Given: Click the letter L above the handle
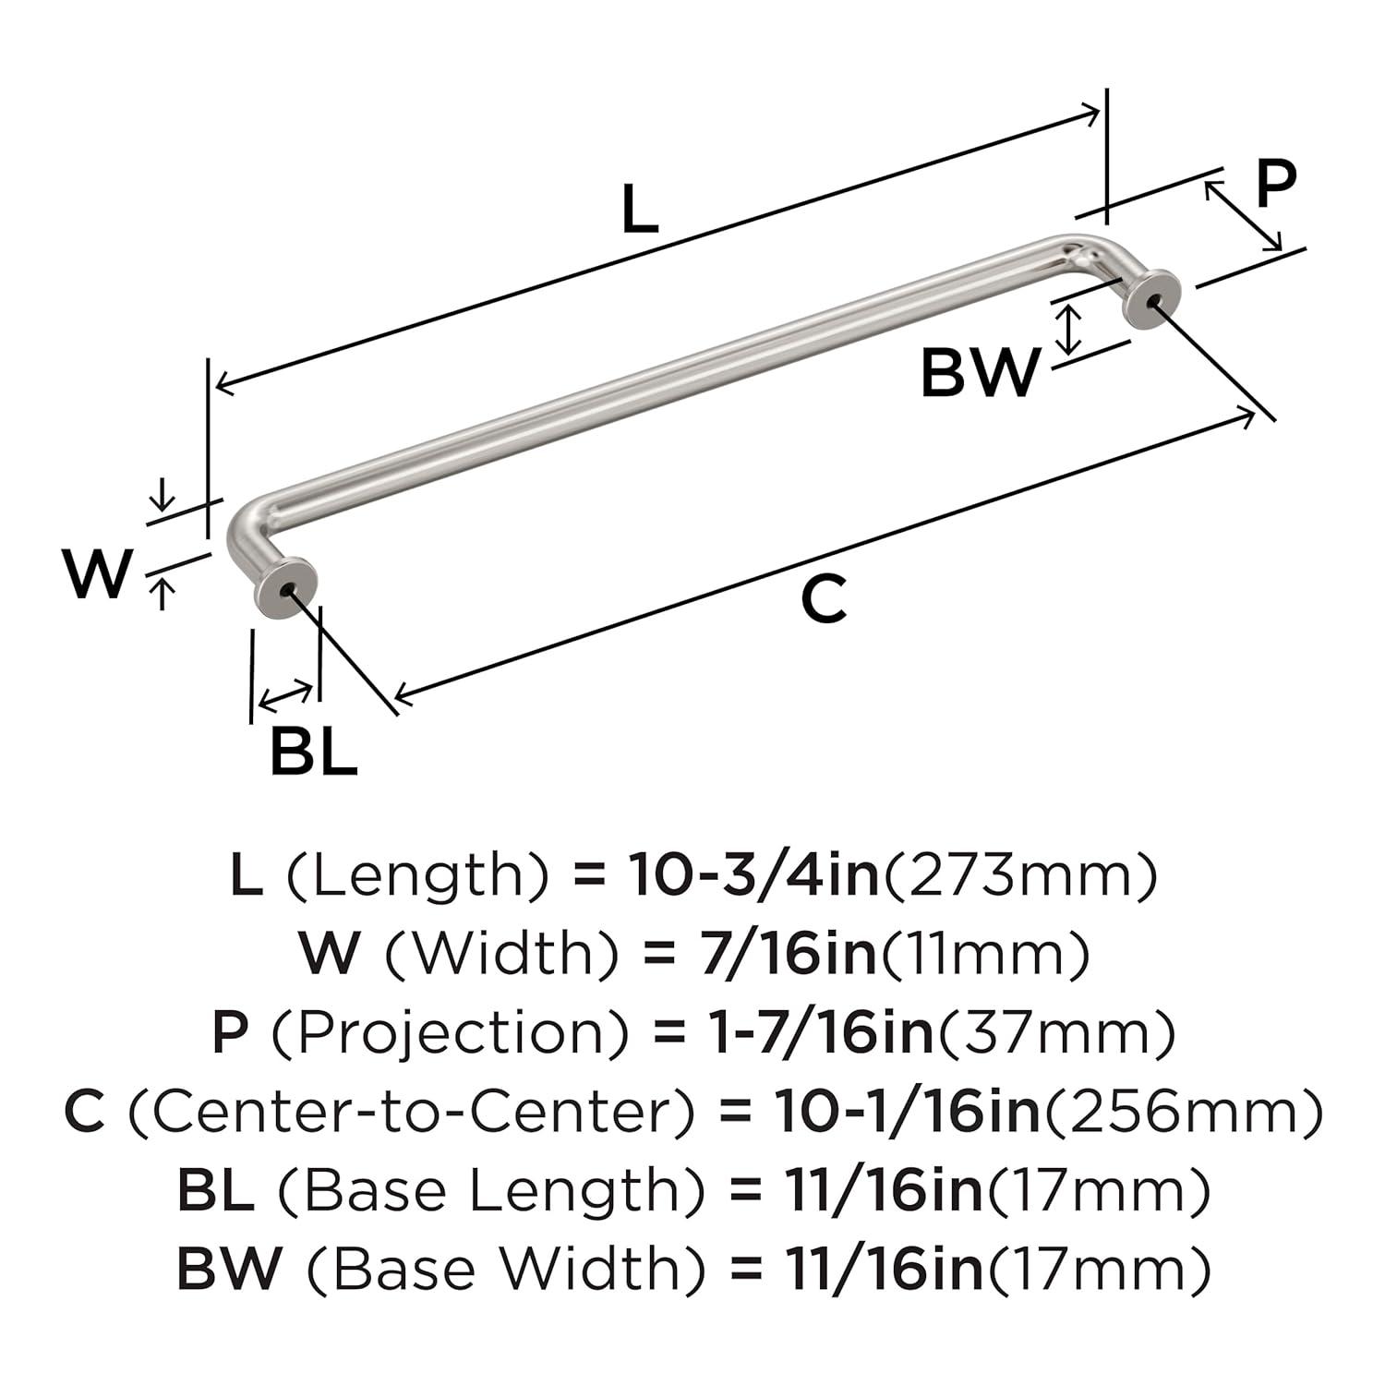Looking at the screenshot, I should click(x=639, y=210).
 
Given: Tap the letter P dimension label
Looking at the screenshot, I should click(x=1275, y=185).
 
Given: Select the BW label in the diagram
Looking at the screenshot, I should click(x=980, y=374).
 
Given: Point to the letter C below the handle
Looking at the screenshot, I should click(x=823, y=599).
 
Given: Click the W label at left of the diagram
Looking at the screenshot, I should click(x=98, y=573).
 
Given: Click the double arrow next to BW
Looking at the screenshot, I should click(x=1068, y=330).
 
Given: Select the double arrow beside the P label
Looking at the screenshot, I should click(x=1243, y=215).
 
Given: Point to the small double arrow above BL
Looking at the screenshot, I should click(x=285, y=694).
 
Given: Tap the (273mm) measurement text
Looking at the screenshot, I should click(x=1020, y=875).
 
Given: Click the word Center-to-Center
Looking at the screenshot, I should click(x=410, y=1112).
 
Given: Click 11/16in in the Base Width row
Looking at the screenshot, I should click(x=885, y=1269).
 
